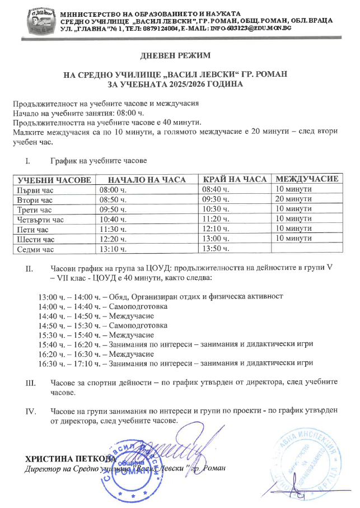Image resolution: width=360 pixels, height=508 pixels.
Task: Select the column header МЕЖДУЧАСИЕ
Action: point(307,179)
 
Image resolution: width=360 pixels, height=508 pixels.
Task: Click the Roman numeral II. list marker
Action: point(30,268)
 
